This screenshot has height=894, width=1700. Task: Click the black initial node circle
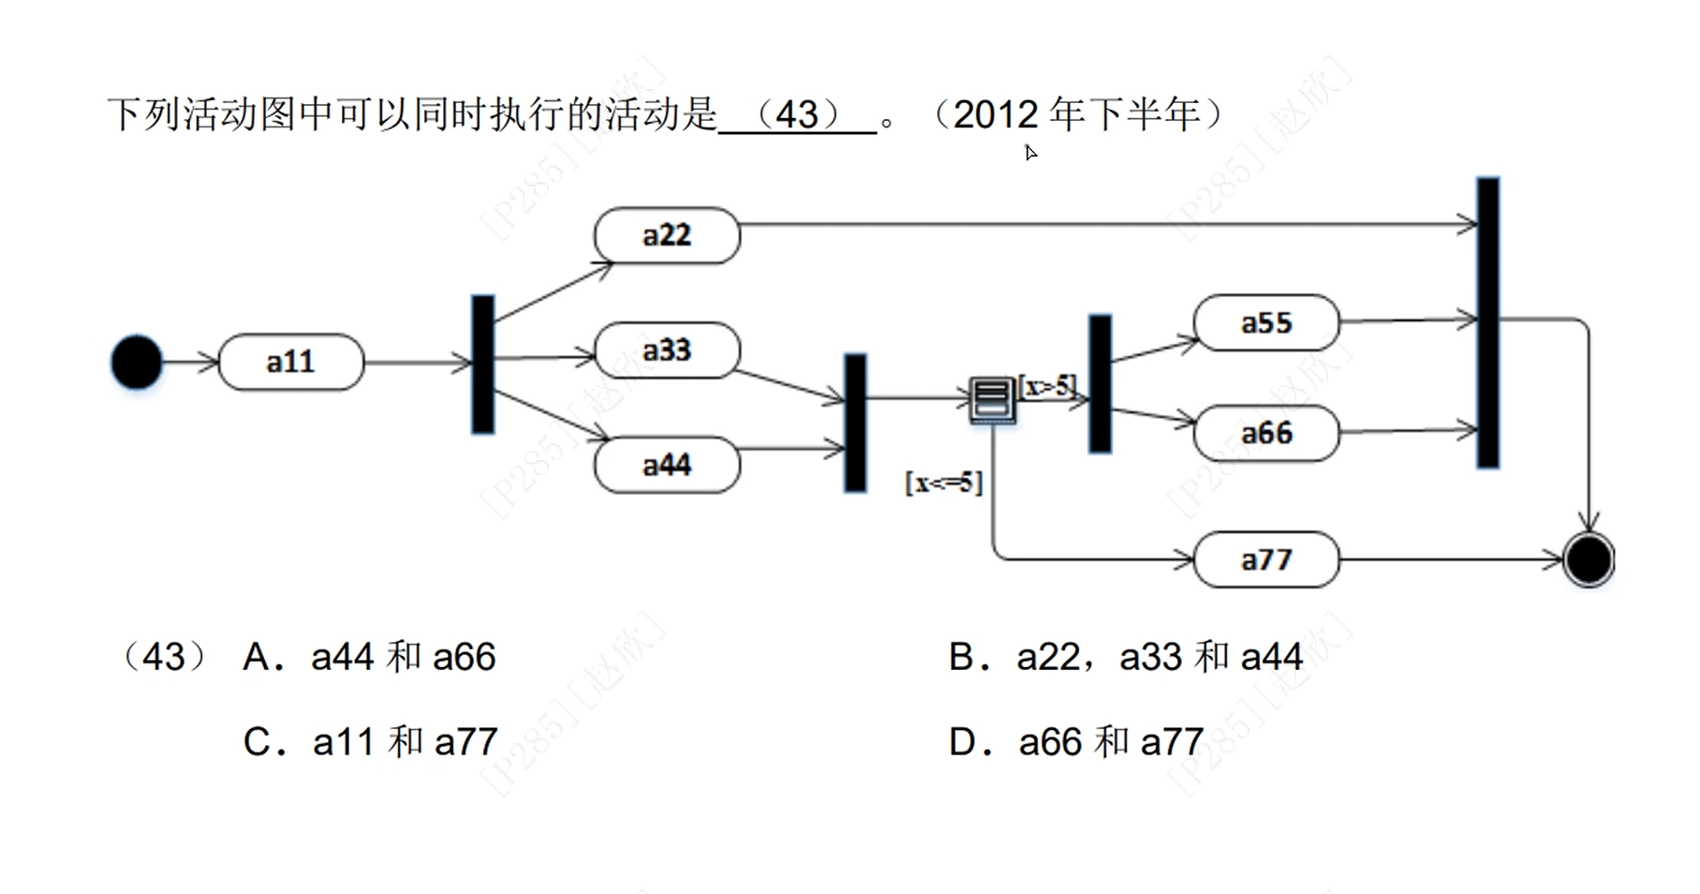point(137,362)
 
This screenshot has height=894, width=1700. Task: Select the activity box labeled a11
point(290,362)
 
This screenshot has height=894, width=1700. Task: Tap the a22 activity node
point(667,235)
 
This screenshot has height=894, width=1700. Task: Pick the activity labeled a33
point(667,350)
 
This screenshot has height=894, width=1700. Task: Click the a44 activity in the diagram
point(667,465)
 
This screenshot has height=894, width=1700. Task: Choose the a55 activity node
point(1266,323)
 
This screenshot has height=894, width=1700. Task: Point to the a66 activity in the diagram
point(1266,433)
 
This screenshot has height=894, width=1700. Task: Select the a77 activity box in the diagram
point(1266,559)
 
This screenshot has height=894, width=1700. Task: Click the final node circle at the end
point(1589,559)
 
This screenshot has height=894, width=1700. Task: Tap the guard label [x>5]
point(1048,385)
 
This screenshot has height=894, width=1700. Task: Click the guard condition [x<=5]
point(943,483)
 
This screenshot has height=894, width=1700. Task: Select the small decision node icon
point(992,400)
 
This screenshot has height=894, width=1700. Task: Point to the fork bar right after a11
point(483,364)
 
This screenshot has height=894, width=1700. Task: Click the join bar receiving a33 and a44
point(855,423)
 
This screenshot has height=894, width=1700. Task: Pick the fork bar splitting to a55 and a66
point(1101,383)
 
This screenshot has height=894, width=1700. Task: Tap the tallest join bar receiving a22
point(1488,322)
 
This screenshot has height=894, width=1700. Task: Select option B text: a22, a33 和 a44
point(1160,657)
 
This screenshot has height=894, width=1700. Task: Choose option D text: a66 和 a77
point(1111,742)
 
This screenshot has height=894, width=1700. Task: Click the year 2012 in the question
point(996,115)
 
